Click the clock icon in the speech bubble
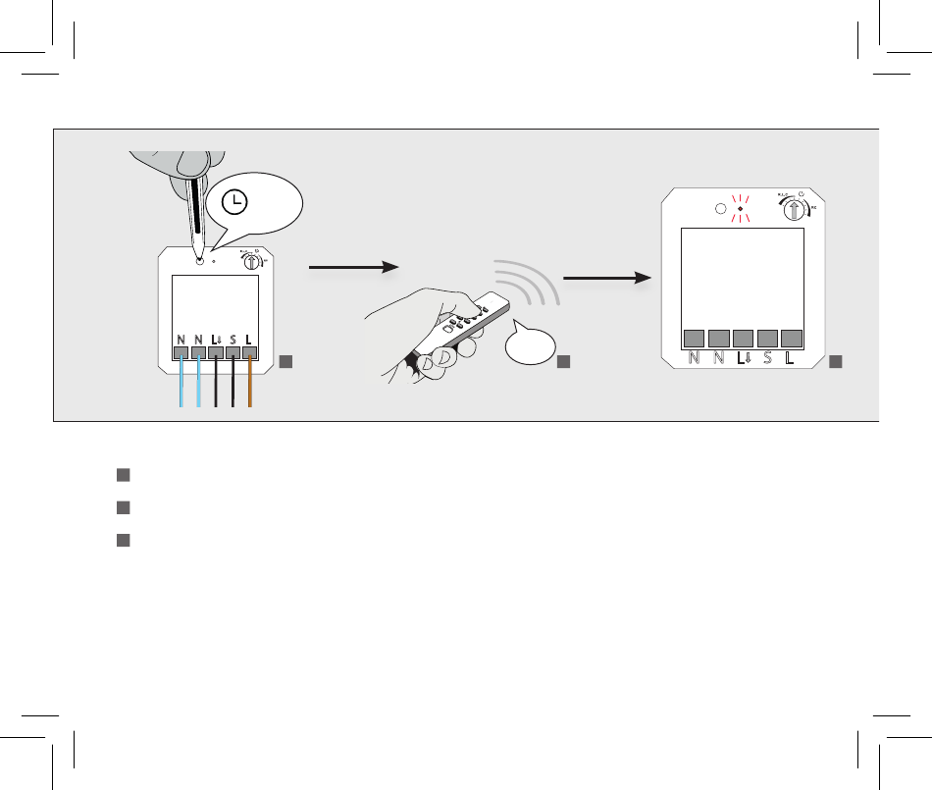tap(234, 202)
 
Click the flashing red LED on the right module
tap(739, 208)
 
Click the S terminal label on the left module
tap(233, 340)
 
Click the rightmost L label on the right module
tap(791, 357)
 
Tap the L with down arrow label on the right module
tap(743, 357)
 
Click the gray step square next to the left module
tap(285, 362)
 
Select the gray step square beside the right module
tap(835, 362)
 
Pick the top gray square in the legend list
tap(124, 475)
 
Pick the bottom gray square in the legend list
tap(124, 540)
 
